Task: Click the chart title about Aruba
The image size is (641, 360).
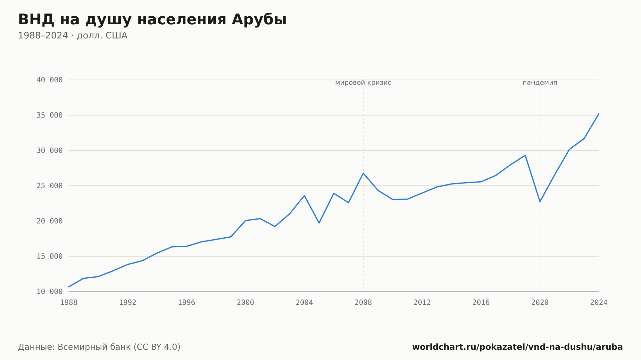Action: (x=152, y=20)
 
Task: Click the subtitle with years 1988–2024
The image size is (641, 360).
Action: (x=73, y=36)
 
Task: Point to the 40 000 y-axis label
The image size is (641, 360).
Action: (x=50, y=80)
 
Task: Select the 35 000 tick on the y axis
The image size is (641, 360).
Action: (x=50, y=115)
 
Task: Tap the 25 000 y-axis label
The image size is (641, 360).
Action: (x=50, y=186)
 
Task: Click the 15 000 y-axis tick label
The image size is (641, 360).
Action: (x=50, y=256)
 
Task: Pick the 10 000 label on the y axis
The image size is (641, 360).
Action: (x=50, y=291)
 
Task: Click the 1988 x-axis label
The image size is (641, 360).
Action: (x=69, y=303)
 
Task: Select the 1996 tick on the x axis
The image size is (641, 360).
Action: (x=187, y=303)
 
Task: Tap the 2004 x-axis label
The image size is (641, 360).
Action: (x=304, y=303)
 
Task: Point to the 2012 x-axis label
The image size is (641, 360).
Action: (x=422, y=303)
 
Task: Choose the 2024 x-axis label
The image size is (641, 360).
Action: (x=599, y=303)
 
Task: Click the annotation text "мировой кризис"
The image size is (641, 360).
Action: (x=363, y=83)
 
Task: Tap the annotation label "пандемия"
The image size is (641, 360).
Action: (x=540, y=83)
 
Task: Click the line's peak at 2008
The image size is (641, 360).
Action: (x=363, y=173)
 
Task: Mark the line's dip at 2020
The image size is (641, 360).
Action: (x=540, y=201)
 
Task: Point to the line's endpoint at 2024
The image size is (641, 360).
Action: (x=599, y=114)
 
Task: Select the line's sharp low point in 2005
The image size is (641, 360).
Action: (x=319, y=223)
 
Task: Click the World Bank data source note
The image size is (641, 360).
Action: (x=99, y=347)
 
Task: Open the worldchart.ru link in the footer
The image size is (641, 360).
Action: (x=517, y=347)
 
